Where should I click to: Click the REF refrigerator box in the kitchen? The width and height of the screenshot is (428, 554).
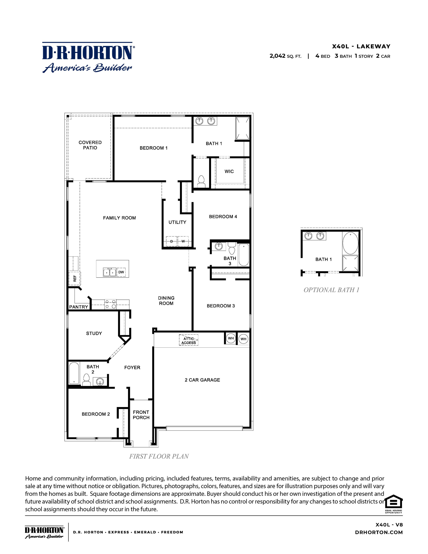(75, 279)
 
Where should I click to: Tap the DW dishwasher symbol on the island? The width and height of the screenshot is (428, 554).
(121, 272)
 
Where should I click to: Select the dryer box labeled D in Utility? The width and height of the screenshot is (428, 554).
(171, 241)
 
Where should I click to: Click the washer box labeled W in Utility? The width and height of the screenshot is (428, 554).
(183, 241)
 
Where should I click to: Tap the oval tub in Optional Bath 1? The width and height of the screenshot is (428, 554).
(350, 243)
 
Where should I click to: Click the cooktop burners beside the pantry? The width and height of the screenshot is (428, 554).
(111, 304)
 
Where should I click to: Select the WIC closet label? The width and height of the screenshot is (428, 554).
(229, 171)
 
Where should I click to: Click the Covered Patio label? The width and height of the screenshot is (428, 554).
(90, 145)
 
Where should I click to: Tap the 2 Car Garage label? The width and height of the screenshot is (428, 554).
(202, 380)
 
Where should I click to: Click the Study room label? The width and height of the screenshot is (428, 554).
(94, 333)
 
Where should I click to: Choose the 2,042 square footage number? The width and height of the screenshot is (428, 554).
(277, 56)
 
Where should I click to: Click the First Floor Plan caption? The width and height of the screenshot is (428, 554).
(159, 456)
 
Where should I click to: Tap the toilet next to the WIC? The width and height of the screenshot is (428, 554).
(201, 182)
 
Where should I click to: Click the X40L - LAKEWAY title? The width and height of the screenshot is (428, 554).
(361, 46)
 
